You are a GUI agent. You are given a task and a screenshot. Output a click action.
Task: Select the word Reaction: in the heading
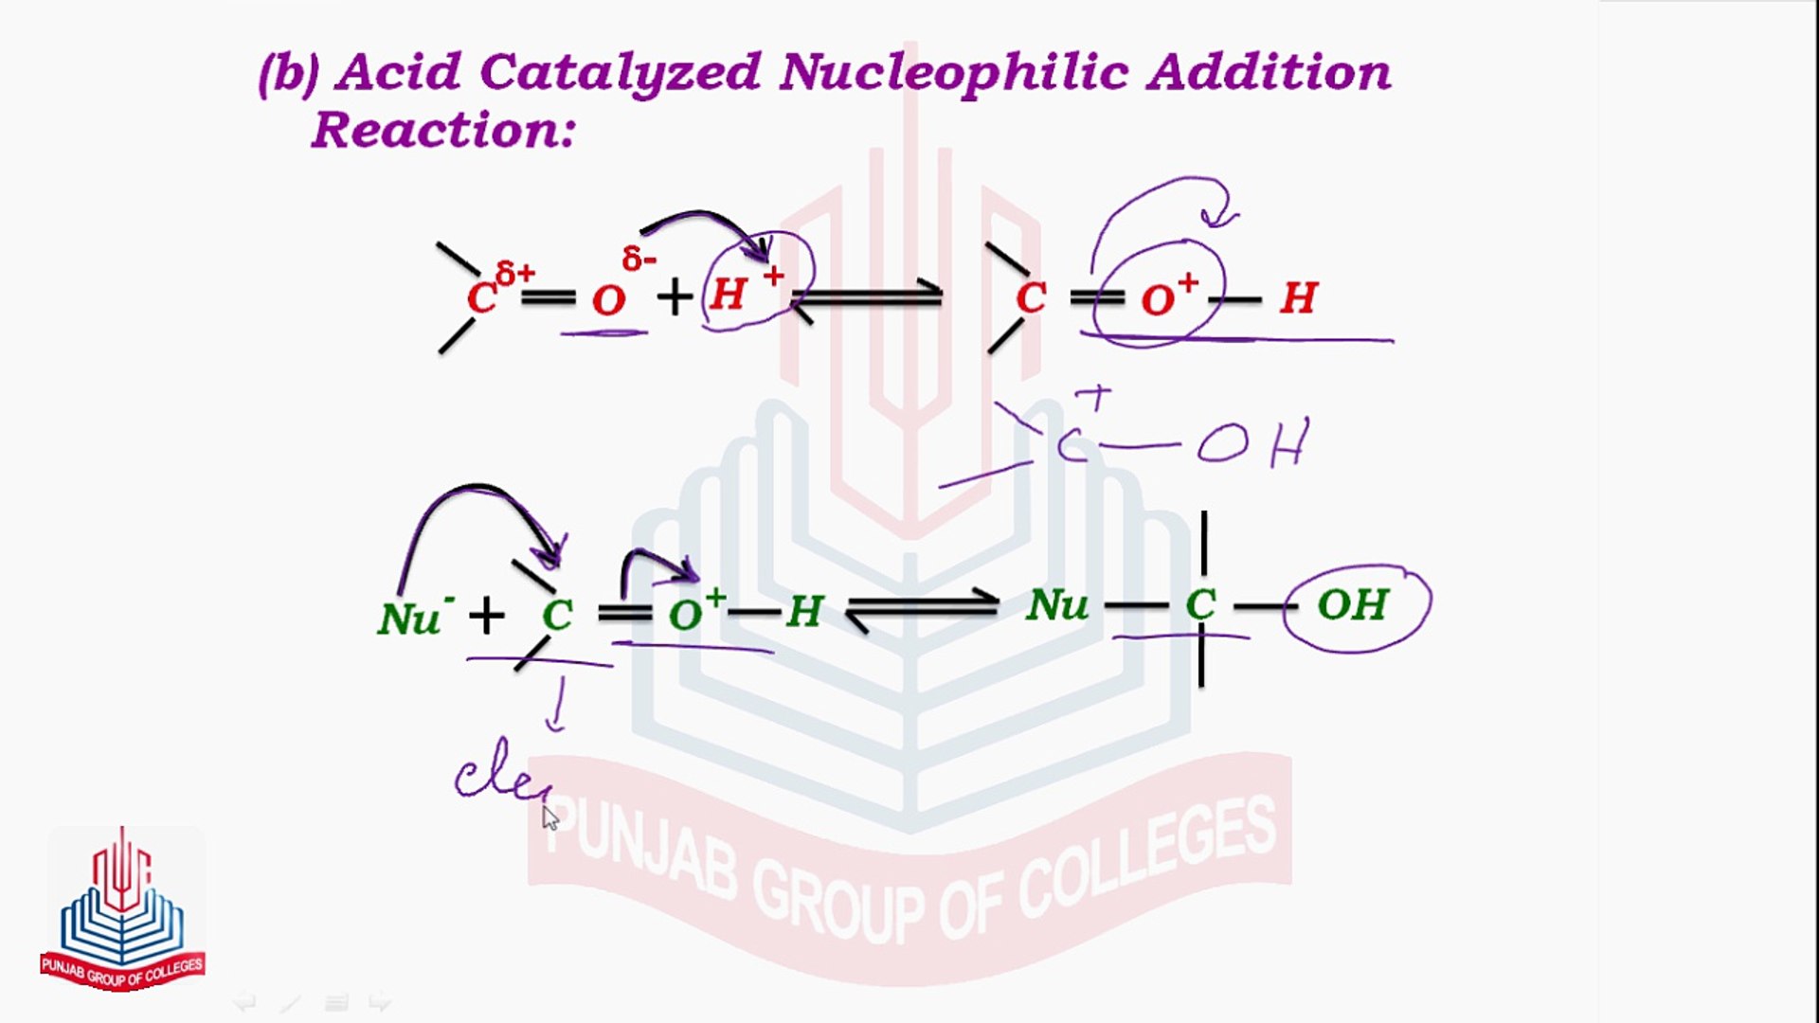[x=443, y=131]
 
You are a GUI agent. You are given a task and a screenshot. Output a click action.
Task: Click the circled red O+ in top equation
[x=1168, y=297]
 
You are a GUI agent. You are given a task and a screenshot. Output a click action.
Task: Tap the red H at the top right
[x=1298, y=299]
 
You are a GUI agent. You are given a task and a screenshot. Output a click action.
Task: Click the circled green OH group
[x=1353, y=605]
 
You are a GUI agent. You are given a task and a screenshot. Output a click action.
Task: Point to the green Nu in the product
[x=1057, y=605]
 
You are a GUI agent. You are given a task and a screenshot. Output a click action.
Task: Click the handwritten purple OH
[x=1252, y=443]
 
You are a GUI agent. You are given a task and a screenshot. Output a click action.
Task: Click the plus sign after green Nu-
[x=486, y=616]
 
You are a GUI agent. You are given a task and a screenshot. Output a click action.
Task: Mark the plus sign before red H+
[x=675, y=298]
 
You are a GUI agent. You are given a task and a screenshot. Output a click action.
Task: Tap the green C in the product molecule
[x=1200, y=605]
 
